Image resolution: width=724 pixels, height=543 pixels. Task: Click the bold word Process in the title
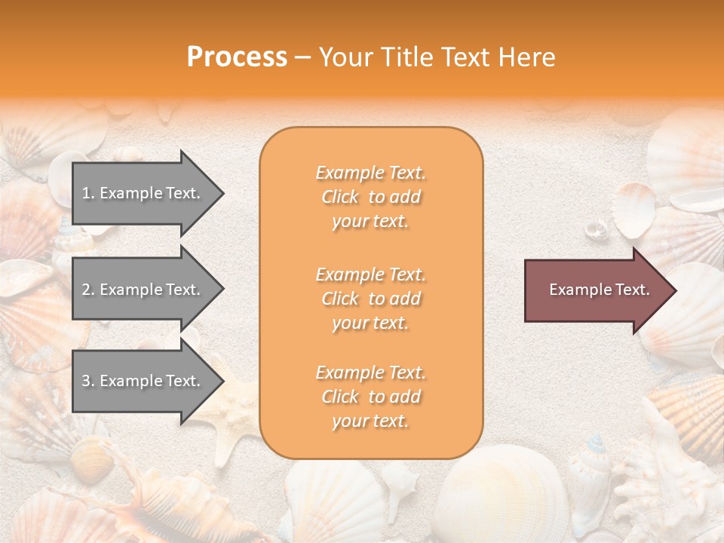pos(237,57)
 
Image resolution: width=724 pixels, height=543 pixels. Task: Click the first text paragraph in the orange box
pos(370,197)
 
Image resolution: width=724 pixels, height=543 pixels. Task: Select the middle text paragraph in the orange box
pos(370,299)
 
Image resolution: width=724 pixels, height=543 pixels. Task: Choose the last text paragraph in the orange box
pos(370,397)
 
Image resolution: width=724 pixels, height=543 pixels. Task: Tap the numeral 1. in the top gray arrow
pos(88,193)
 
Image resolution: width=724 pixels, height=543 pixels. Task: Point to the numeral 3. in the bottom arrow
pos(88,381)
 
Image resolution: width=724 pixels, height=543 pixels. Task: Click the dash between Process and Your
pos(303,57)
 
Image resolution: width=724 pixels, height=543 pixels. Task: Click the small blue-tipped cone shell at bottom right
pos(596,452)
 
